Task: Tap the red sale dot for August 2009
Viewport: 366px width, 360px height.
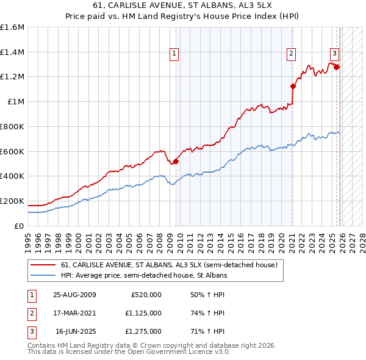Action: (x=176, y=161)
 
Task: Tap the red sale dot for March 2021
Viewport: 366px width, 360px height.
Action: (x=293, y=86)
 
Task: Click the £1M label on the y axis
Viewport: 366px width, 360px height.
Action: (x=16, y=102)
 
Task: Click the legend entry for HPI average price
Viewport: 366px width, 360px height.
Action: (x=144, y=276)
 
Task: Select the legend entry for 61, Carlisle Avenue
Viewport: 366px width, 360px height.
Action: (x=169, y=265)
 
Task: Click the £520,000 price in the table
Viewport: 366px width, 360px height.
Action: (x=146, y=295)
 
